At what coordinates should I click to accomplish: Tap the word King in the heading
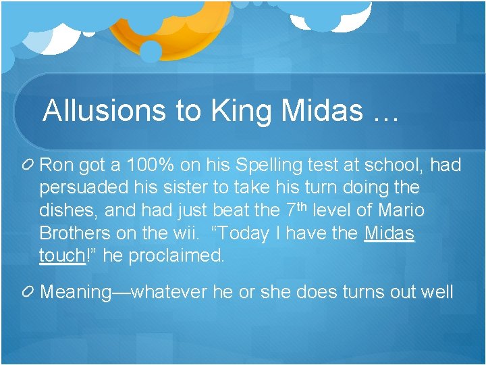tap(231, 111)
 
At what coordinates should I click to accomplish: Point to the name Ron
tap(59, 164)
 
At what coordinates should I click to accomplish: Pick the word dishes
tap(70, 210)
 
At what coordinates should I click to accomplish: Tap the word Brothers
tap(73, 233)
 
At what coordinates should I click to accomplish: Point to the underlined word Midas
tap(389, 233)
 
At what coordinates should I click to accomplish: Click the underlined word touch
tap(62, 256)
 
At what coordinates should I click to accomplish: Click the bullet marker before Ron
tap(30, 164)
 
